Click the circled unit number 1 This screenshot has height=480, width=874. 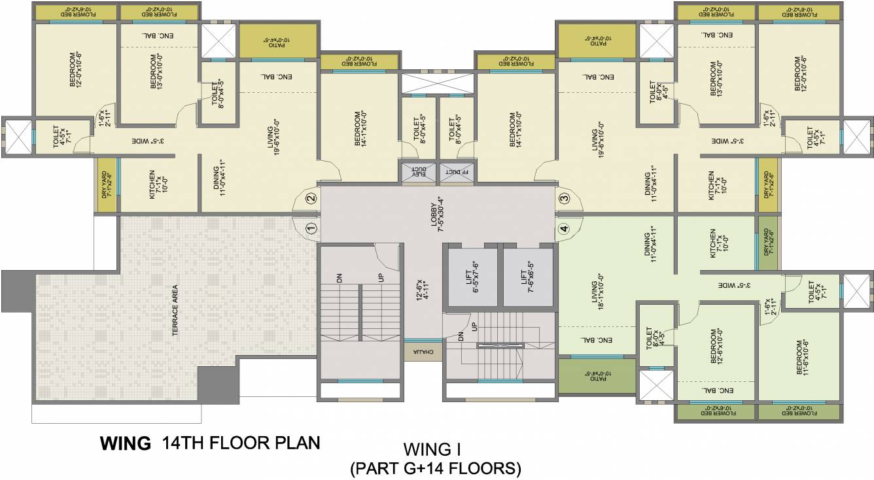tap(311, 228)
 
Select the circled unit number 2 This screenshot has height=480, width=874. tap(311, 197)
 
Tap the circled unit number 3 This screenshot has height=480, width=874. tap(563, 197)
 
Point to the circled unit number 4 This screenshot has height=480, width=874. tap(563, 228)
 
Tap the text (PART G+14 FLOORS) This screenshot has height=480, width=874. tap(435, 468)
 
